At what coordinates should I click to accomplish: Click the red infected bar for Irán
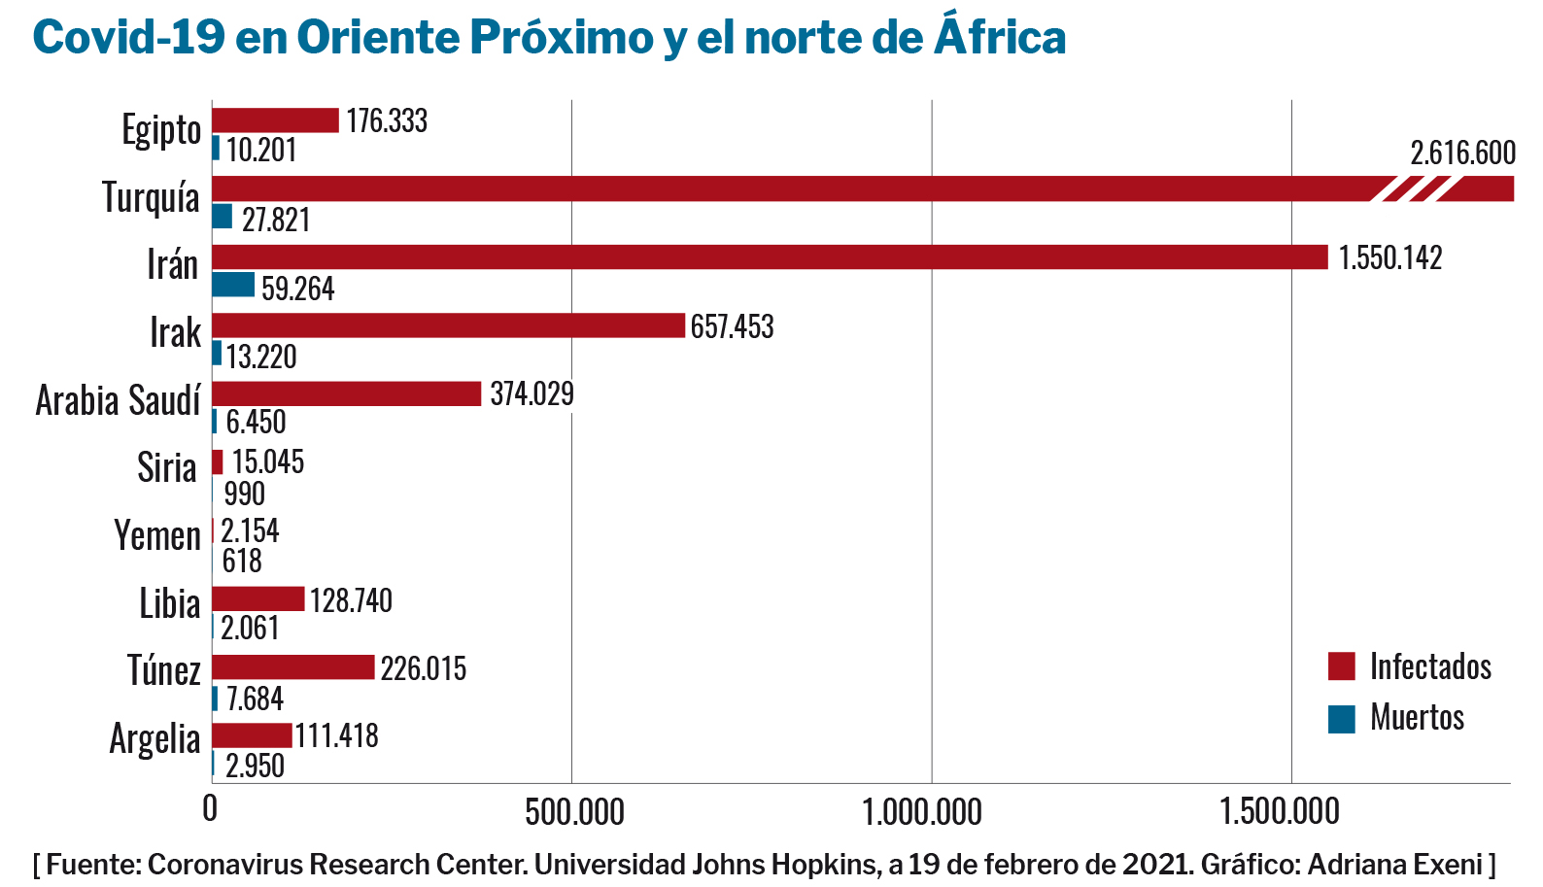click(770, 256)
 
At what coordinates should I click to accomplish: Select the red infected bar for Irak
click(448, 325)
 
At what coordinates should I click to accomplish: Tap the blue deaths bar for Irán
click(233, 285)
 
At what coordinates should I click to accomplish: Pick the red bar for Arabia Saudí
click(347, 393)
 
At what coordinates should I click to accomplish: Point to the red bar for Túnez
click(293, 667)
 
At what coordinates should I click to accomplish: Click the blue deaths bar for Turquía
click(223, 217)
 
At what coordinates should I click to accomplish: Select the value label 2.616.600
click(1462, 154)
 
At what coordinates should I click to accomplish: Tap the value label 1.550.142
click(1390, 257)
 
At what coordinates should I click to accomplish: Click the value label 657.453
click(732, 326)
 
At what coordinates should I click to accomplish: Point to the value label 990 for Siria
click(244, 494)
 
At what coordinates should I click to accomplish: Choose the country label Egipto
click(161, 130)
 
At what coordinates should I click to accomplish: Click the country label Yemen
click(157, 536)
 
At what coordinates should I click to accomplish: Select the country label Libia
click(170, 604)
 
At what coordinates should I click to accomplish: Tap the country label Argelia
click(154, 739)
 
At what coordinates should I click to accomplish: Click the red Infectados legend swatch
click(1341, 666)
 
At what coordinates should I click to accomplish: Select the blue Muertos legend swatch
click(1341, 719)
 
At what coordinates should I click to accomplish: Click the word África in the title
click(1000, 38)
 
